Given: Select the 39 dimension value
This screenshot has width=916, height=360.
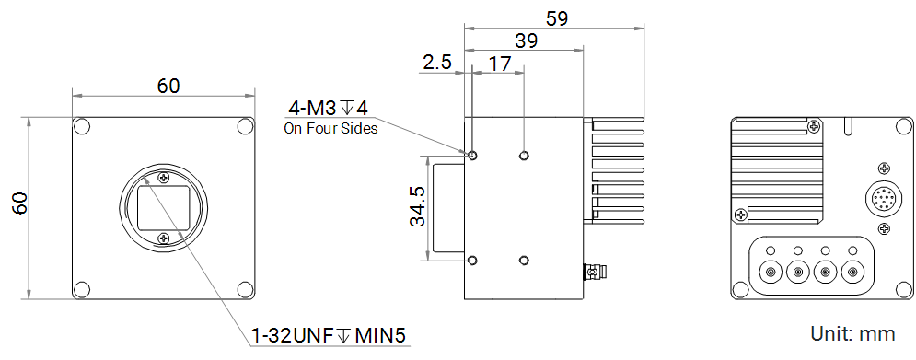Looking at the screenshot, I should pyautogui.click(x=527, y=41).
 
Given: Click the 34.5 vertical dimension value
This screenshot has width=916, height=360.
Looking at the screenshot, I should pyautogui.click(x=416, y=207).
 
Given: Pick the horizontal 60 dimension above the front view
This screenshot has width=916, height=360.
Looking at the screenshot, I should pyautogui.click(x=168, y=86).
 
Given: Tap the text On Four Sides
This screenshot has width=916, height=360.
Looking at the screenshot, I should pyautogui.click(x=330, y=129).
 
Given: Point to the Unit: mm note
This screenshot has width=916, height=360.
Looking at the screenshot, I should pyautogui.click(x=852, y=332).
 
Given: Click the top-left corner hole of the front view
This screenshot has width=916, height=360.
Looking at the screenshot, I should pyautogui.click(x=82, y=126).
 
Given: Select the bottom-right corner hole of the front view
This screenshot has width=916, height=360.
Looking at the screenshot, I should pyautogui.click(x=246, y=289).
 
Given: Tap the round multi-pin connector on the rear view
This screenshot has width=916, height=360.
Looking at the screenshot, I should pyautogui.click(x=882, y=198).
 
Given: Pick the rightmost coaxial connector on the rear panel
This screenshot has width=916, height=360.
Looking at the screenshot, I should pyautogui.click(x=853, y=272).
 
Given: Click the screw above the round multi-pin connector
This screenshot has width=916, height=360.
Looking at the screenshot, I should pyautogui.click(x=883, y=168).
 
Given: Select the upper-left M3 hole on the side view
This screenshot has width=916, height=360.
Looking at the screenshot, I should pyautogui.click(x=472, y=156).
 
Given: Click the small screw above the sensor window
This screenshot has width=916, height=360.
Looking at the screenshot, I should pyautogui.click(x=164, y=177).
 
